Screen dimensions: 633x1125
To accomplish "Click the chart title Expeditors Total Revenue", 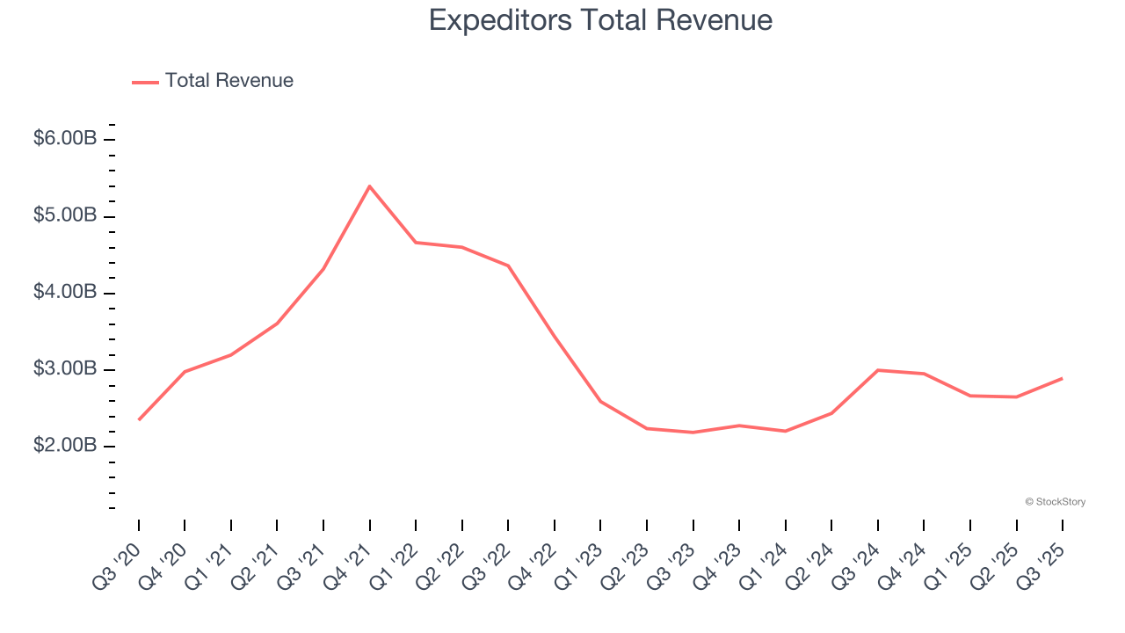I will [600, 20].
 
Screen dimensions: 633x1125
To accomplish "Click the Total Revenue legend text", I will [229, 81].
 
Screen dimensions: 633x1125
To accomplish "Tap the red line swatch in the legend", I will [145, 82].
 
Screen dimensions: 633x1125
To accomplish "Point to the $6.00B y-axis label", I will [65, 139].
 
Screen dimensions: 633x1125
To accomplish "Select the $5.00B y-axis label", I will [65, 215].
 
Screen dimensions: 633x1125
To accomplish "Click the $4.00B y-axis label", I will [65, 292].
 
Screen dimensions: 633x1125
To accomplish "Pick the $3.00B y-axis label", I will [65, 368].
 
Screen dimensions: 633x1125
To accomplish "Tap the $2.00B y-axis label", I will [65, 446].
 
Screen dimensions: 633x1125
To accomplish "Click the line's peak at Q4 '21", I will [369, 186].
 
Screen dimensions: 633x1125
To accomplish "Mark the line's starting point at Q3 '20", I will [139, 419].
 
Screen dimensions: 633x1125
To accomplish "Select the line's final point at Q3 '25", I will [1063, 378].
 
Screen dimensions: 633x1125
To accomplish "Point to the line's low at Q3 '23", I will [693, 433].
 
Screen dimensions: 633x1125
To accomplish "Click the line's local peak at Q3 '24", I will [878, 370].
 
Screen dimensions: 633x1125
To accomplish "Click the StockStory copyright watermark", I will [1055, 502].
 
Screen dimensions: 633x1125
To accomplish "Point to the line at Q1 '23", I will [600, 401].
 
